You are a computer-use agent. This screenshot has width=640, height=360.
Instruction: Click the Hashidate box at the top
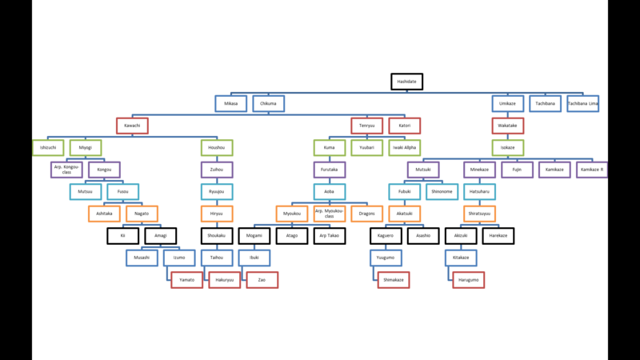tap(406, 82)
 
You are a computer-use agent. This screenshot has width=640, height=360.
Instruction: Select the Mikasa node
tap(230, 103)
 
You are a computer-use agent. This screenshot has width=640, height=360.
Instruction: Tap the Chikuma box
tap(268, 103)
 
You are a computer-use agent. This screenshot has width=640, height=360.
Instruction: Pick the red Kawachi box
tap(132, 126)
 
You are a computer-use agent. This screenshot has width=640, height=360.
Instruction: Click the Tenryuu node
tap(366, 126)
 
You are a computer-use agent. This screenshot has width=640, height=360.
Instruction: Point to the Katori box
tap(404, 126)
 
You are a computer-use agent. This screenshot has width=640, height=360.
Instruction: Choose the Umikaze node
tap(507, 103)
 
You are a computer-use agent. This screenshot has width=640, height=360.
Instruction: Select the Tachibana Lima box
tap(582, 103)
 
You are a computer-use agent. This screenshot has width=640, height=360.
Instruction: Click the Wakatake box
tap(507, 126)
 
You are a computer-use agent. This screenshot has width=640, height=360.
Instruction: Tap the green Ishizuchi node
tap(47, 148)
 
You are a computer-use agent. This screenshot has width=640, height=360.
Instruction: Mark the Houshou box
tap(216, 148)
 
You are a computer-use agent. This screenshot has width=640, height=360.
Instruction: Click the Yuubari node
tap(366, 148)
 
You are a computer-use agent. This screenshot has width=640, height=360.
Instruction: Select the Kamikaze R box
tap(592, 170)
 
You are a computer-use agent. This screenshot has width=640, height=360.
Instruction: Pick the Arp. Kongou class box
tap(66, 170)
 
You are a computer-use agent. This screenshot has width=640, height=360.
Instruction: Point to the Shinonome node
tap(442, 192)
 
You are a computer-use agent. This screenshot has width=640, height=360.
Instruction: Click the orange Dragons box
tap(366, 214)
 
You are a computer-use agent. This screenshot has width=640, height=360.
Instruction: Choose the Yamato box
tap(186, 280)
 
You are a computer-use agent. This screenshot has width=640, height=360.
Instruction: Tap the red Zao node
tap(262, 280)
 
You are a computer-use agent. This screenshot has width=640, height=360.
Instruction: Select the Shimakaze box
tap(394, 280)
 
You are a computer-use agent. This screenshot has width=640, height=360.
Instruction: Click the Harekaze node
tap(498, 236)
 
